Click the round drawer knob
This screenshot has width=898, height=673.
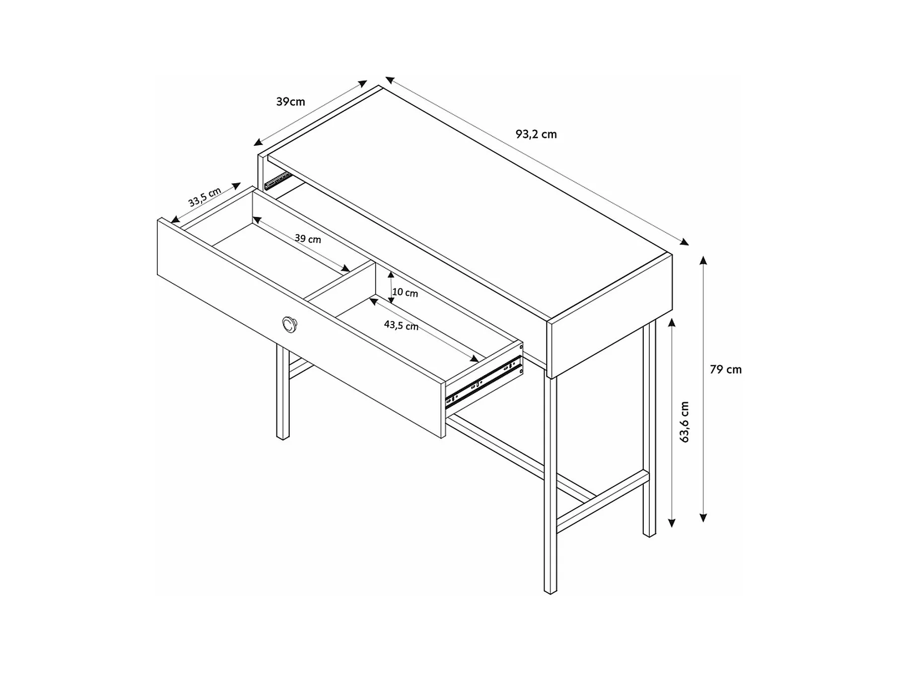click(x=289, y=324)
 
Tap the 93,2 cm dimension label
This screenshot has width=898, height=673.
click(x=536, y=135)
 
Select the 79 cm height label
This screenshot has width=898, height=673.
click(x=725, y=370)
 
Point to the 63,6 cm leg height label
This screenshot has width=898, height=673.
click(x=685, y=422)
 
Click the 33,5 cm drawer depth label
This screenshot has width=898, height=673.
click(x=205, y=198)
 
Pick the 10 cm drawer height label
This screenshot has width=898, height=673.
click(x=405, y=293)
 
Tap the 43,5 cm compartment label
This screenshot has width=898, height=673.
click(x=401, y=326)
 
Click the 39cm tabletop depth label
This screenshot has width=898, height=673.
click(x=290, y=102)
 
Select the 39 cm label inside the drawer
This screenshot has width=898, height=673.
click(x=308, y=239)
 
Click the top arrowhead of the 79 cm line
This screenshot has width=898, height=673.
click(x=703, y=259)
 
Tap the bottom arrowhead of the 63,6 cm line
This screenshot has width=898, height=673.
click(x=672, y=523)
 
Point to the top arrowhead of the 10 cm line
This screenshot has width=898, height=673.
click(x=391, y=274)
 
